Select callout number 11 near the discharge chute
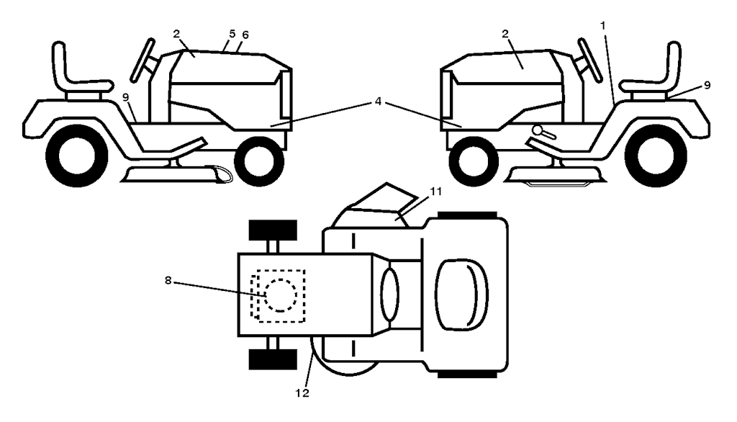416,191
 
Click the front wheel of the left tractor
259,161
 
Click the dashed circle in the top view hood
279,295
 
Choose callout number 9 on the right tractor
707,85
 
